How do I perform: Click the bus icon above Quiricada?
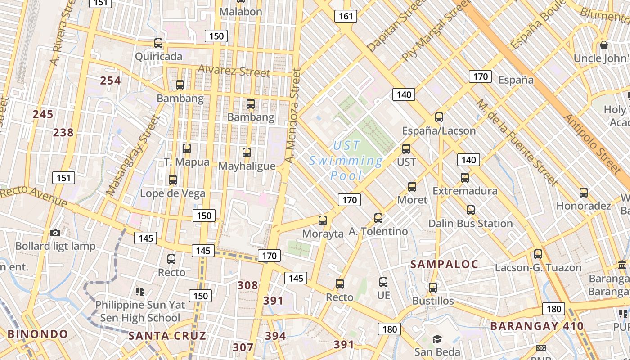158,43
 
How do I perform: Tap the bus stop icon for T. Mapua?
187,148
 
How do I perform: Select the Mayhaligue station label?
247,166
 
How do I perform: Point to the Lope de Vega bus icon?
172,180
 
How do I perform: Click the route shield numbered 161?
346,17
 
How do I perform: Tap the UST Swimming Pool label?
346,161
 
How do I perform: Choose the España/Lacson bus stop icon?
439,117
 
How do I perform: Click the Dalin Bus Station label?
470,224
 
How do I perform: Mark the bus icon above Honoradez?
584,193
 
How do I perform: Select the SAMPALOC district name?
444,265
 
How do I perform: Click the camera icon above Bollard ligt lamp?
55,233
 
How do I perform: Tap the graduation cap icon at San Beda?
437,339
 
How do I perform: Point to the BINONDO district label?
38,334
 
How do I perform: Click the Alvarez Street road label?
234,71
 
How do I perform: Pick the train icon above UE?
383,282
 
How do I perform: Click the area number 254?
110,81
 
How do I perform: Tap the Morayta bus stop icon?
323,220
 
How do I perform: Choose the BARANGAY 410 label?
537,326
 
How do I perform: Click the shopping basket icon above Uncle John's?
604,45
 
